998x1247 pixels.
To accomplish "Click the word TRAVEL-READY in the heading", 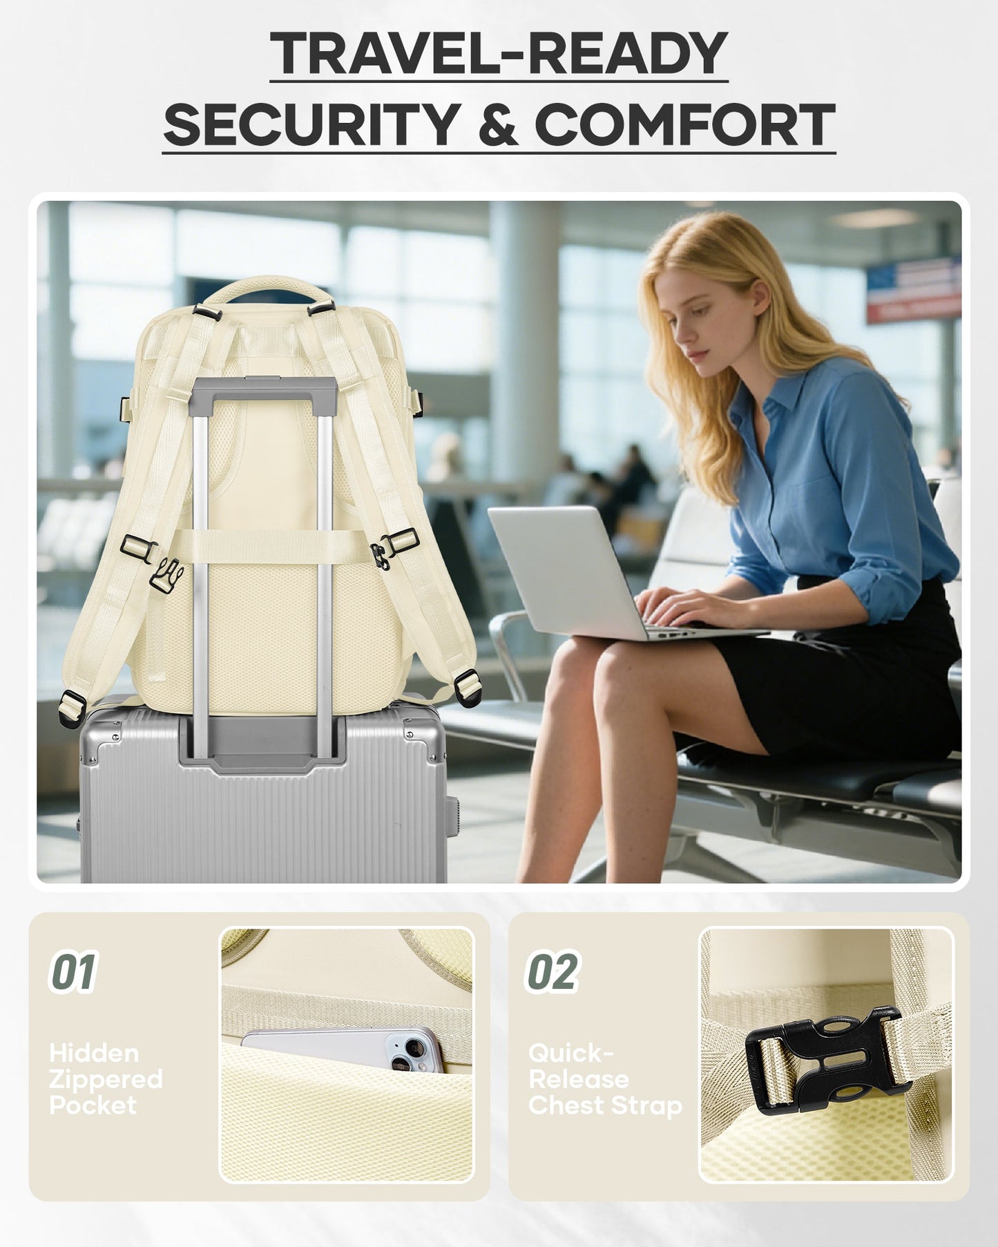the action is [x=499, y=54].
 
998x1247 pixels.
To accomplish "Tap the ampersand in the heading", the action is [x=497, y=125].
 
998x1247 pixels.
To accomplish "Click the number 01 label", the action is [x=73, y=972].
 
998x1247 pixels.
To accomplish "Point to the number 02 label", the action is [x=553, y=972].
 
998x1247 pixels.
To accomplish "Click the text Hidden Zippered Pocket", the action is [x=106, y=1079].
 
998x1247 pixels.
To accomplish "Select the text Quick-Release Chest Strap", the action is [x=605, y=1079].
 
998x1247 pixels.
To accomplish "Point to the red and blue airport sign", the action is [x=914, y=290].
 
